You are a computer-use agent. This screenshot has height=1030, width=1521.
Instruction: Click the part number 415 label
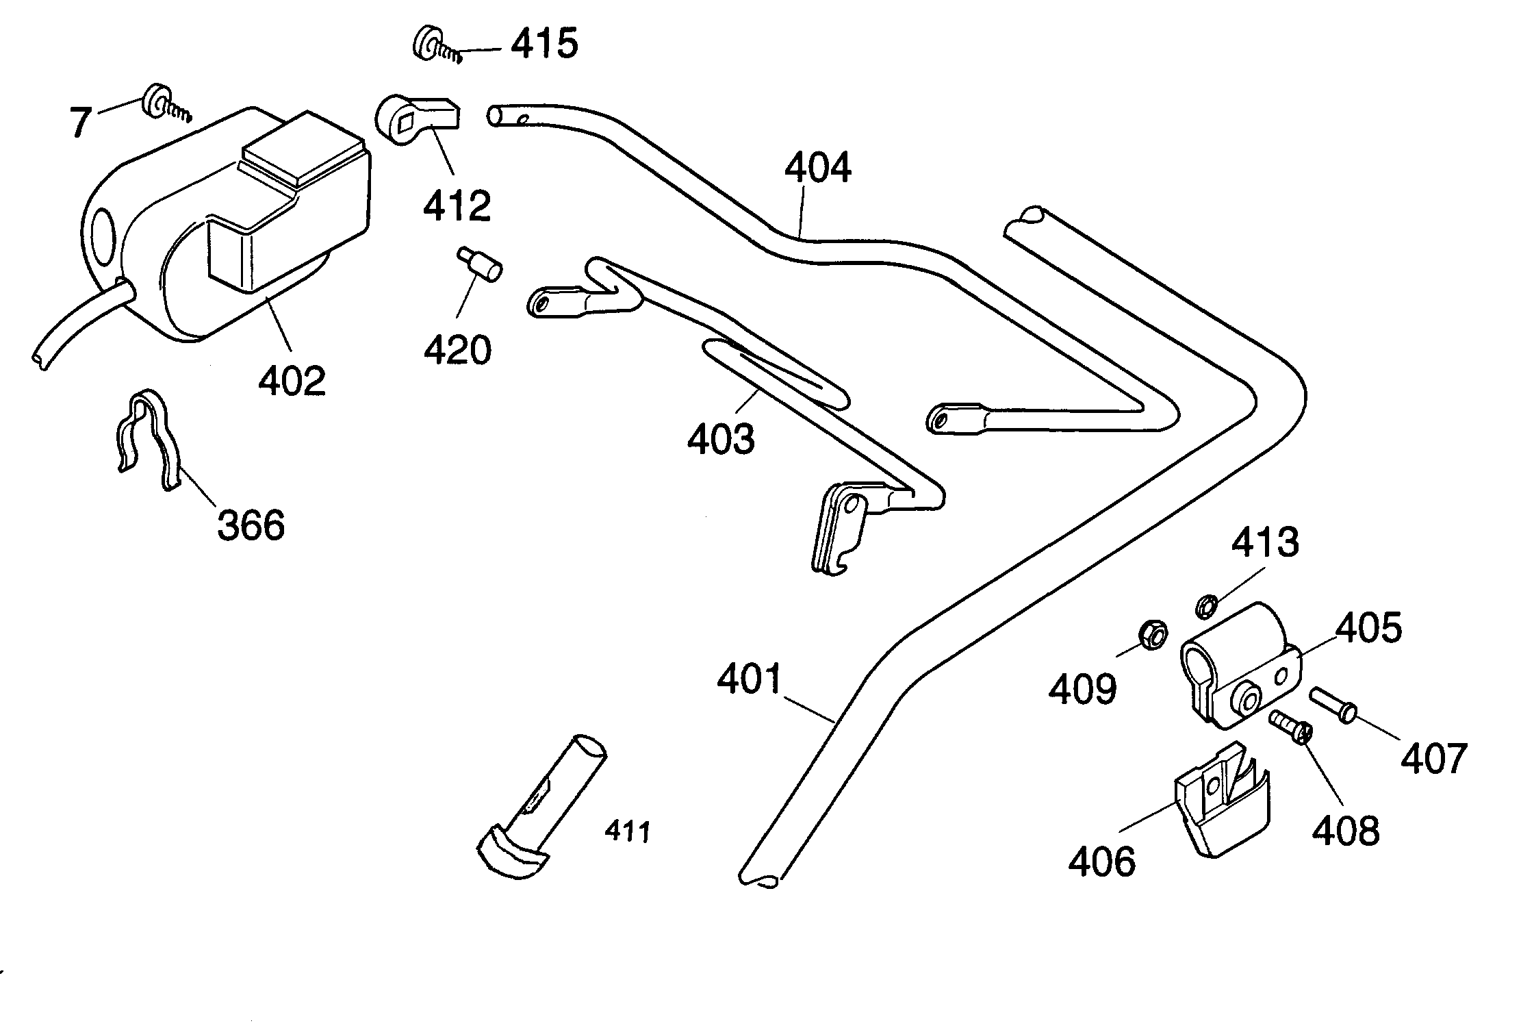coord(545,44)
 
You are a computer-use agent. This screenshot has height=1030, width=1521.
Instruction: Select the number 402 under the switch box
coord(292,380)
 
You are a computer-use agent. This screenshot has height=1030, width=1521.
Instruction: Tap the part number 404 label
coord(817,168)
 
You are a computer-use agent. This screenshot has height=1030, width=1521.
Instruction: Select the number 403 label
coord(721,439)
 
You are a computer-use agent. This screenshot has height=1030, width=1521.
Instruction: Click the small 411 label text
coord(627,832)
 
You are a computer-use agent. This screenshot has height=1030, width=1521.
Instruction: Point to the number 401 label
coord(749,679)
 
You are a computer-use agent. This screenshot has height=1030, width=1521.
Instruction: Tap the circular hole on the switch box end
coord(103,238)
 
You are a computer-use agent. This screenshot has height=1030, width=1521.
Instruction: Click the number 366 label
coord(251,526)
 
